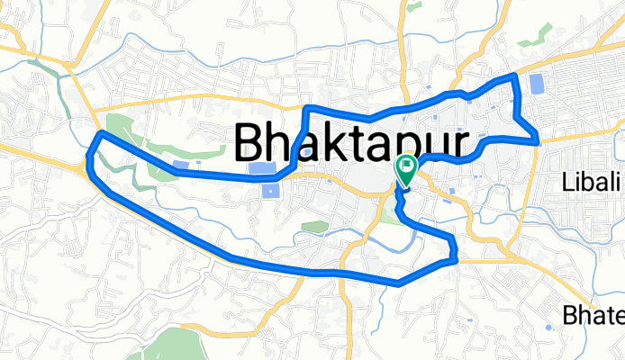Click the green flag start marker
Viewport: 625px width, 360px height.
(405, 167)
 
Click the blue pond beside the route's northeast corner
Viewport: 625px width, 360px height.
(538, 85)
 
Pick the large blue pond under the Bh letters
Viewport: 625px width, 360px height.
(262, 168)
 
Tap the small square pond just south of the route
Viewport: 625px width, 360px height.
(270, 189)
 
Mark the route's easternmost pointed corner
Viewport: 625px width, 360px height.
(538, 139)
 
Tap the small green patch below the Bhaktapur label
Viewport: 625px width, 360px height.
(313, 226)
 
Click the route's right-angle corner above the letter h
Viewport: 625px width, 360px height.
(307, 109)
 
